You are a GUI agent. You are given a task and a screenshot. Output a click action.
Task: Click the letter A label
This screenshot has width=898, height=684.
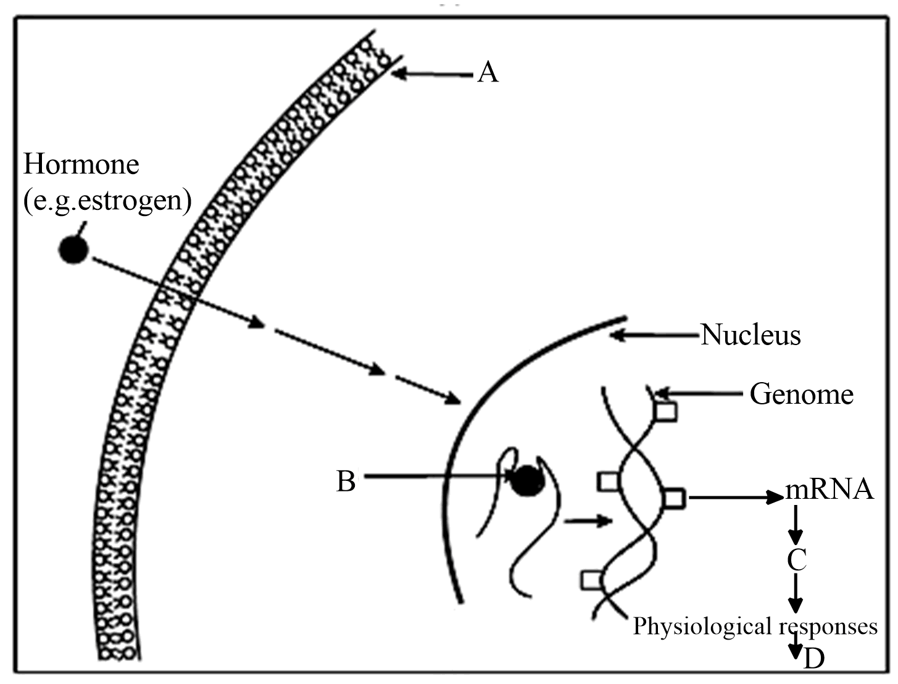488,73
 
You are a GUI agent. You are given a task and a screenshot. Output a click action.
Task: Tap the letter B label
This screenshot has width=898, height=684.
346,481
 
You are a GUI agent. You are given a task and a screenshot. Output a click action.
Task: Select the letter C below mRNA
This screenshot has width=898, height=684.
796,560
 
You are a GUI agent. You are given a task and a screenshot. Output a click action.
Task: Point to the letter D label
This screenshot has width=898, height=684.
813,659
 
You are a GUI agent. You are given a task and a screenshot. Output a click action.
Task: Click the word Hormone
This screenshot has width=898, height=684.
81,165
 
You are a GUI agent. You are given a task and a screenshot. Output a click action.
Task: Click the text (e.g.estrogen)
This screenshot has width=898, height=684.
107,201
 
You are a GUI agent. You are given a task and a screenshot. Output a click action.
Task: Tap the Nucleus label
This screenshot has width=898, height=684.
750,335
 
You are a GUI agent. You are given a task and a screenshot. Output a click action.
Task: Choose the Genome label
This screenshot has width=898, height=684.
801,394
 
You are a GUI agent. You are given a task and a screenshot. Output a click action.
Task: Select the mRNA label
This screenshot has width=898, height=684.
829,490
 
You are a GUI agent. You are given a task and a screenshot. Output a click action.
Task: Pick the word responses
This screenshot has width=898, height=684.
828,626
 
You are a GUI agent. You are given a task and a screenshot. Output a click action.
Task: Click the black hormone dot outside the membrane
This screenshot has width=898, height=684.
73,249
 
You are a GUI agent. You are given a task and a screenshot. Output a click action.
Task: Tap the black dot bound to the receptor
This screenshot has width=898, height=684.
527,480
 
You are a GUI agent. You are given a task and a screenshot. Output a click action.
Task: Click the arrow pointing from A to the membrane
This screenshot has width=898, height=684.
432,74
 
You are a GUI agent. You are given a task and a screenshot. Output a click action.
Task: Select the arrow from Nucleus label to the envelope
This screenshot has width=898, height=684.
654,336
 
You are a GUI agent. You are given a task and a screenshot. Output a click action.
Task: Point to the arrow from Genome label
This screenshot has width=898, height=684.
697,393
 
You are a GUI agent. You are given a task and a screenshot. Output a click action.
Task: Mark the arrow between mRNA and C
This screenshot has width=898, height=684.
796,525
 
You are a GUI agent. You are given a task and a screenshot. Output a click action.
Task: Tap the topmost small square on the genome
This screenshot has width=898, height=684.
666,411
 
